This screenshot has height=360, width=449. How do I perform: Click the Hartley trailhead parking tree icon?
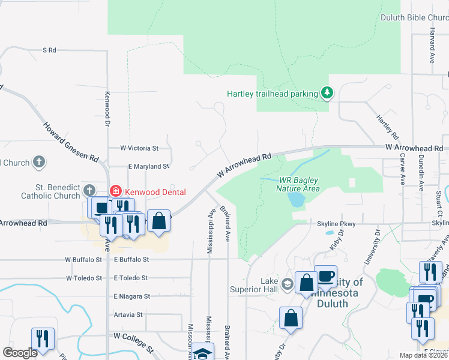coord(327,93)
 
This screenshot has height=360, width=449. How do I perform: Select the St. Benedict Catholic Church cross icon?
coord(89,191)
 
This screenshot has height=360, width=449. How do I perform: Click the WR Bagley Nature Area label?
coord(300,184)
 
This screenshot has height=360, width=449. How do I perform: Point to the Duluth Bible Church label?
coord(414,17)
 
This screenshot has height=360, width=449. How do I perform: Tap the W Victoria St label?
coord(139,148)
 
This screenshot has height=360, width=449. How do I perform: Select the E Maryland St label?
coord(148,166)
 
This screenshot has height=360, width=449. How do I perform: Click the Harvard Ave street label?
coord(432,47)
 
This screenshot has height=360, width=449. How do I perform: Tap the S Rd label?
coord(49,50)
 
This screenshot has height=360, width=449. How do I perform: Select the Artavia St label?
coord(127,314)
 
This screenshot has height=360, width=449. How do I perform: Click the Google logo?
coord(20,353)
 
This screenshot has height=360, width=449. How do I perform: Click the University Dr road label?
coord(371,247)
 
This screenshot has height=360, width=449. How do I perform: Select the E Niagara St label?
coord(130,296)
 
